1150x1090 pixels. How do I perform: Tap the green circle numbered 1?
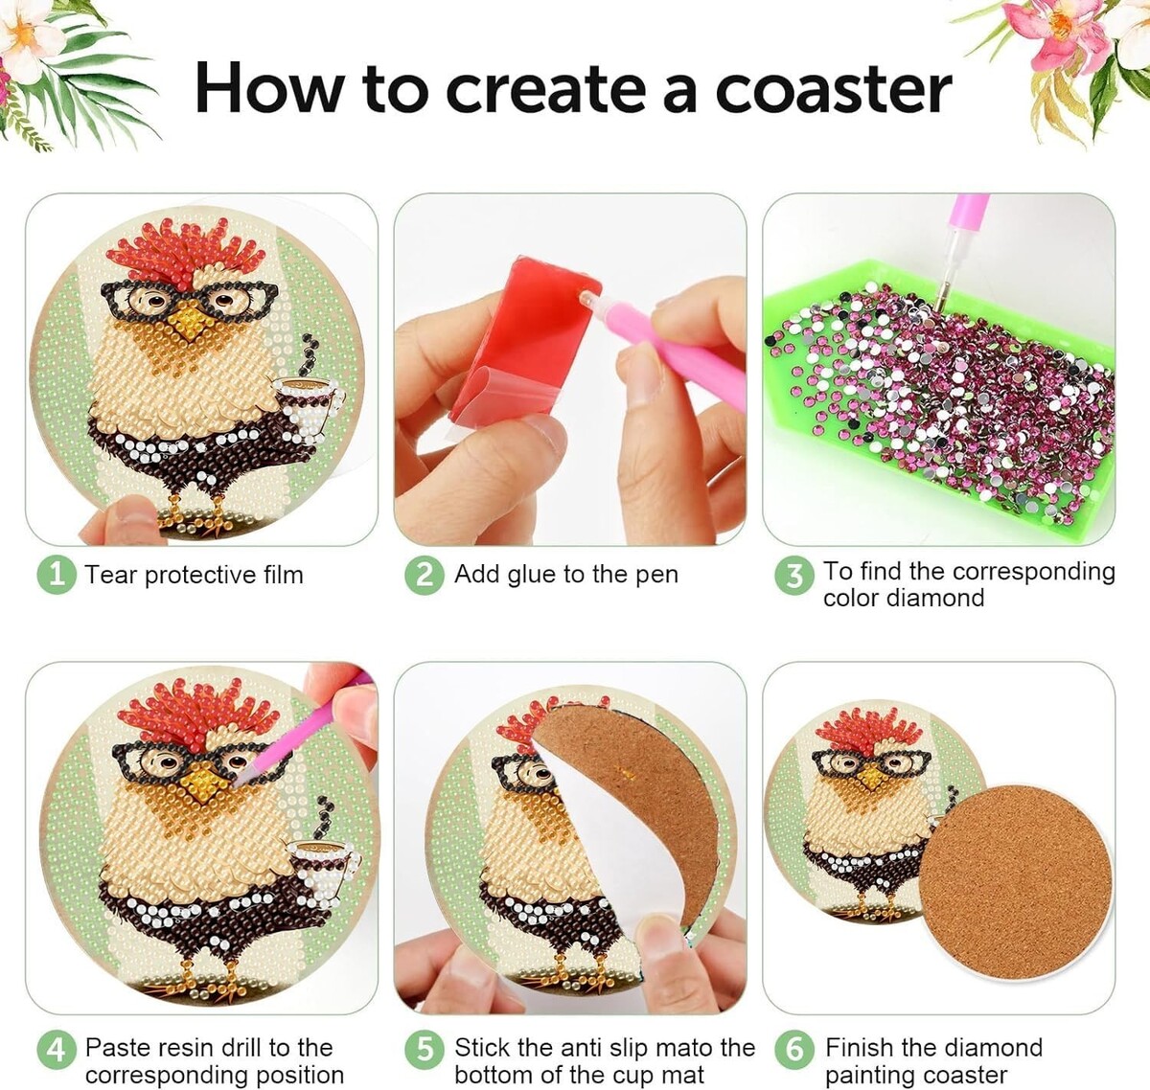coord(57,575)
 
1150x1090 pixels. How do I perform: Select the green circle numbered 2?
coord(425,576)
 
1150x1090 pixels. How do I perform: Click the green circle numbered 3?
coord(794,576)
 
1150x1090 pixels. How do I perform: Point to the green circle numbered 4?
coord(57,1050)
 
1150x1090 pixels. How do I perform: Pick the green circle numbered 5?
coord(425,1050)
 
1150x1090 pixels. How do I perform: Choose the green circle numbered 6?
coord(794,1050)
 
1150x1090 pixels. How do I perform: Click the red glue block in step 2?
coord(523,342)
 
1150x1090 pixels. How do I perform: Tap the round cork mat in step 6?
coord(1015,883)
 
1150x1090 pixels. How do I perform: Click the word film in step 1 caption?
coord(283,575)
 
